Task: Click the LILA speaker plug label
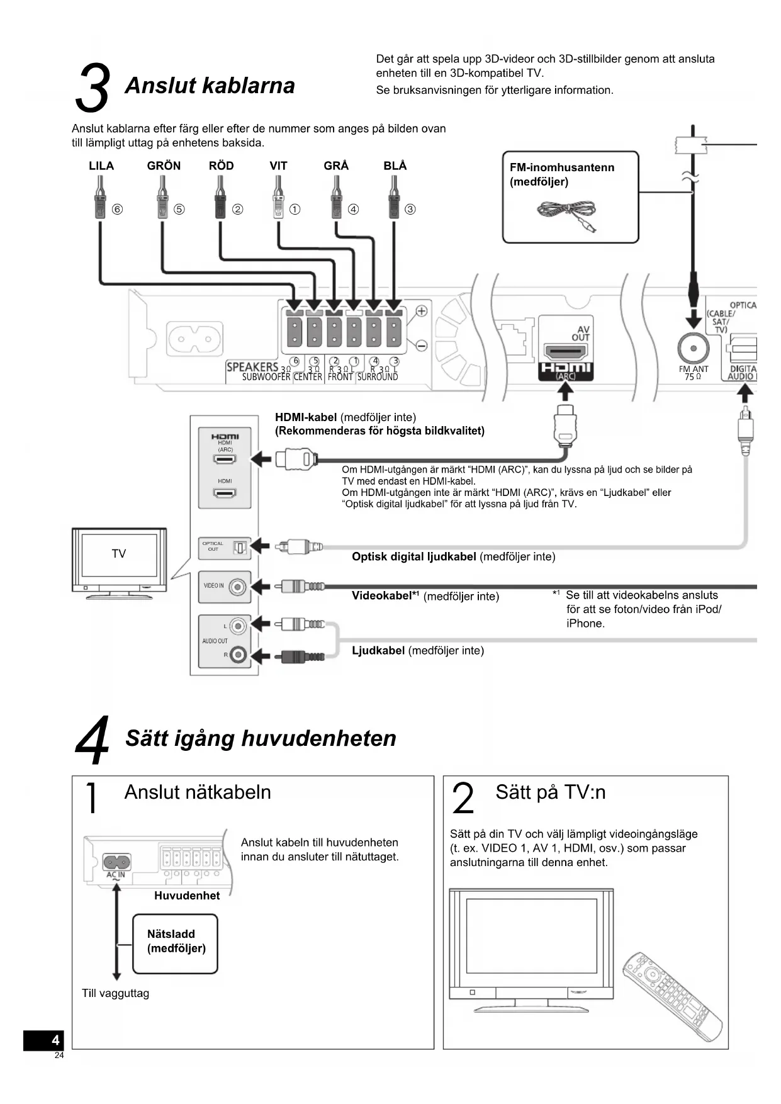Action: tap(101, 166)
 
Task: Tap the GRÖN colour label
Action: tap(164, 166)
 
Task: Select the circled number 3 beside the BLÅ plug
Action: tap(410, 209)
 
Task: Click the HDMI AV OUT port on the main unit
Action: tap(565, 351)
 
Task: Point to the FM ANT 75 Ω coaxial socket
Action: tap(693, 348)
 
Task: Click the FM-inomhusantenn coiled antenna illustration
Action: tap(566, 214)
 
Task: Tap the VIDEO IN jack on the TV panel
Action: tap(237, 587)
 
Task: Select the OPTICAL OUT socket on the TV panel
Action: tap(239, 548)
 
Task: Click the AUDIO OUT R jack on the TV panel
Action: tap(237, 655)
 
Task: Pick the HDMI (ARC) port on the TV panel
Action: tap(225, 459)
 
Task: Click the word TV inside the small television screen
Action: tap(119, 554)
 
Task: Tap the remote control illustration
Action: tap(672, 996)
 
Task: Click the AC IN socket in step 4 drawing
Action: tap(116, 860)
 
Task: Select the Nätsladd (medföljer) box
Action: tap(176, 943)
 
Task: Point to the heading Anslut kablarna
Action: tap(210, 86)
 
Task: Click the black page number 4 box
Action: tap(43, 1040)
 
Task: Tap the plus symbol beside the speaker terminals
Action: tap(422, 310)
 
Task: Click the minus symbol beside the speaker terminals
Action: tap(422, 346)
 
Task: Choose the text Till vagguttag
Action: tap(115, 993)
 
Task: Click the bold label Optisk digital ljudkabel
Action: tap(413, 556)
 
